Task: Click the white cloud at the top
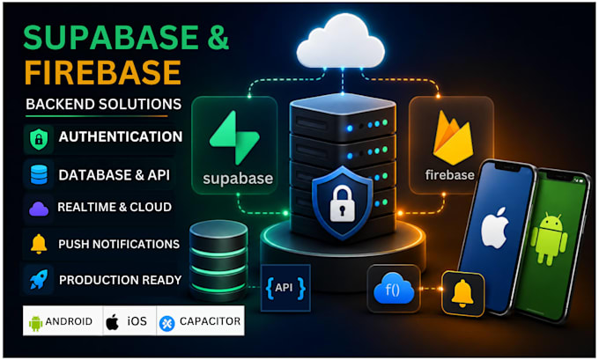tap(341, 42)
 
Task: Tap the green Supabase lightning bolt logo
tap(234, 137)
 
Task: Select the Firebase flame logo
tap(453, 137)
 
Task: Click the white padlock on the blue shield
tap(342, 203)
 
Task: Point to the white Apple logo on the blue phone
tap(495, 227)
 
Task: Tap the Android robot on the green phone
tap(549, 239)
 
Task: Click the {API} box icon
tap(285, 288)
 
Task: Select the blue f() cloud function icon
tap(394, 289)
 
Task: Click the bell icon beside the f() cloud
tap(462, 293)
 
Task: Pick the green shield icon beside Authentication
tap(39, 139)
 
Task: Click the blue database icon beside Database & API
tap(39, 175)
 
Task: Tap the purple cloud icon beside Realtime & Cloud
tap(39, 209)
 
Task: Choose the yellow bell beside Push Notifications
tap(39, 244)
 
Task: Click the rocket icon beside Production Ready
tap(39, 279)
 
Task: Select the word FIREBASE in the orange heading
tap(103, 72)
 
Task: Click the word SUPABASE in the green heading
tap(111, 38)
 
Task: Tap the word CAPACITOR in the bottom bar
tap(211, 321)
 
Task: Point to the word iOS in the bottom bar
tap(137, 321)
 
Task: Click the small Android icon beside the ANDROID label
tap(35, 323)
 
